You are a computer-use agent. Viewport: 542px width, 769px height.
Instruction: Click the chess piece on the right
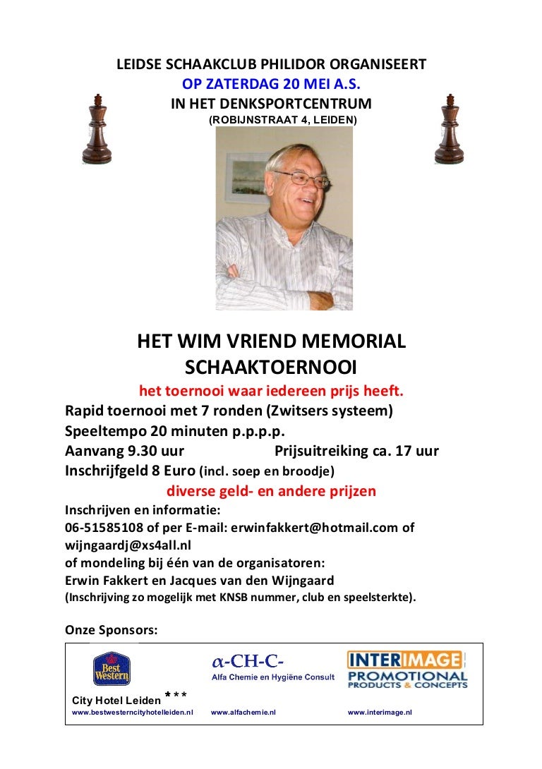tap(449, 130)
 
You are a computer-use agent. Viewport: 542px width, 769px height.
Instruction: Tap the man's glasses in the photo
tap(301, 178)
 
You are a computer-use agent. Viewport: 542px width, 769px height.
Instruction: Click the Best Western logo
tap(112, 669)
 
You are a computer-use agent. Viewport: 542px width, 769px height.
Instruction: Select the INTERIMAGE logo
tap(406, 670)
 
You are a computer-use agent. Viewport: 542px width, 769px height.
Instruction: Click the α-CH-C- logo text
tap(248, 662)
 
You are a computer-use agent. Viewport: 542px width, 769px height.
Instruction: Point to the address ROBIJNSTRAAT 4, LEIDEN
tap(283, 121)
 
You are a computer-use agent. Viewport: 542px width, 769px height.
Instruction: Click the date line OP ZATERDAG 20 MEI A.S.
tap(271, 84)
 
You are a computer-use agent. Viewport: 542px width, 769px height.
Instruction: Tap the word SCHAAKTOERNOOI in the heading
tap(271, 367)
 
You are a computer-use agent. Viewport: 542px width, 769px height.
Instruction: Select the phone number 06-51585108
tap(104, 528)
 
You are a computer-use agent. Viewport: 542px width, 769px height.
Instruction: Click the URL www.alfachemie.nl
tap(243, 713)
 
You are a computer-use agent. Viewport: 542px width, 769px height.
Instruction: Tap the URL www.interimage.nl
tap(380, 713)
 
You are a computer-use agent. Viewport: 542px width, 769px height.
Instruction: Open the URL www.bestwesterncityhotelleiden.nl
tap(133, 713)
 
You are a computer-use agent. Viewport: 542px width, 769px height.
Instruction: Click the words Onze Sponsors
tap(111, 629)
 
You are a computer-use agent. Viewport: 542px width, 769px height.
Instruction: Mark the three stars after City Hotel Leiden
tap(176, 696)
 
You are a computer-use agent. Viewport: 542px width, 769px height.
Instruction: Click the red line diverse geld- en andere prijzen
tap(271, 491)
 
